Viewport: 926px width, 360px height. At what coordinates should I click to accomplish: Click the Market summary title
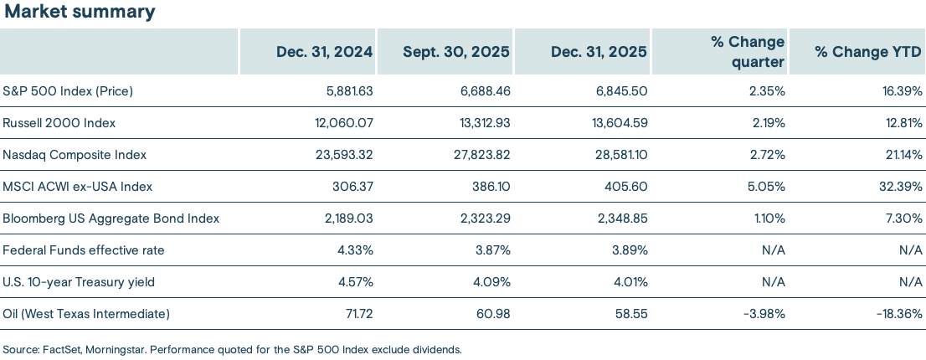tap(79, 12)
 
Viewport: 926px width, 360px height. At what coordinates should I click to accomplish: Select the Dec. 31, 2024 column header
tap(324, 52)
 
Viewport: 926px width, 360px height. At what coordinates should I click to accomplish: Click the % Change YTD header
tap(868, 52)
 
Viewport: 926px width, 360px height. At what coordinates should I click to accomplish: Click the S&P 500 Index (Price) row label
tap(69, 90)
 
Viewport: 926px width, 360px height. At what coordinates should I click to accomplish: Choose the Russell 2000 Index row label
tap(59, 122)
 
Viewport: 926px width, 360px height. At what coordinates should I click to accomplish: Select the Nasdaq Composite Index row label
tap(75, 154)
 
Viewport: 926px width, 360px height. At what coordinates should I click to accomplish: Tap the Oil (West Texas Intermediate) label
tap(87, 314)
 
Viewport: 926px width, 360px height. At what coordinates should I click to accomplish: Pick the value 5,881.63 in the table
tap(347, 90)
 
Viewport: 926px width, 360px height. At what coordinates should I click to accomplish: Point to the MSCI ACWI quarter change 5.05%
tap(766, 186)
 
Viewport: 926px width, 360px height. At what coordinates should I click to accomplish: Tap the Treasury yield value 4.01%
tap(629, 282)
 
